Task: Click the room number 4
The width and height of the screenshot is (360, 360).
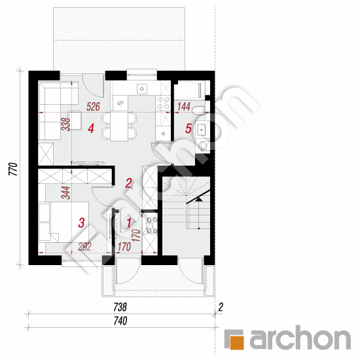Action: [x=91, y=130]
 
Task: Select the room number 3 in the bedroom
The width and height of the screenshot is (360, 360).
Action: [x=81, y=223]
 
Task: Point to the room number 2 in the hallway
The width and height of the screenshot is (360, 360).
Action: [x=129, y=183]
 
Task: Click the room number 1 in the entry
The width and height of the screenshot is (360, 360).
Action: [x=129, y=223]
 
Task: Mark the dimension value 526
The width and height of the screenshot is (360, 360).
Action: [x=93, y=107]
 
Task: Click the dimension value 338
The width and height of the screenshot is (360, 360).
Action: [x=65, y=124]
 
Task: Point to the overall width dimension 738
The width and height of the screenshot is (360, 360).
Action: [x=118, y=306]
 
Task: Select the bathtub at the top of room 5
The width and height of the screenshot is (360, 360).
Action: [x=190, y=89]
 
